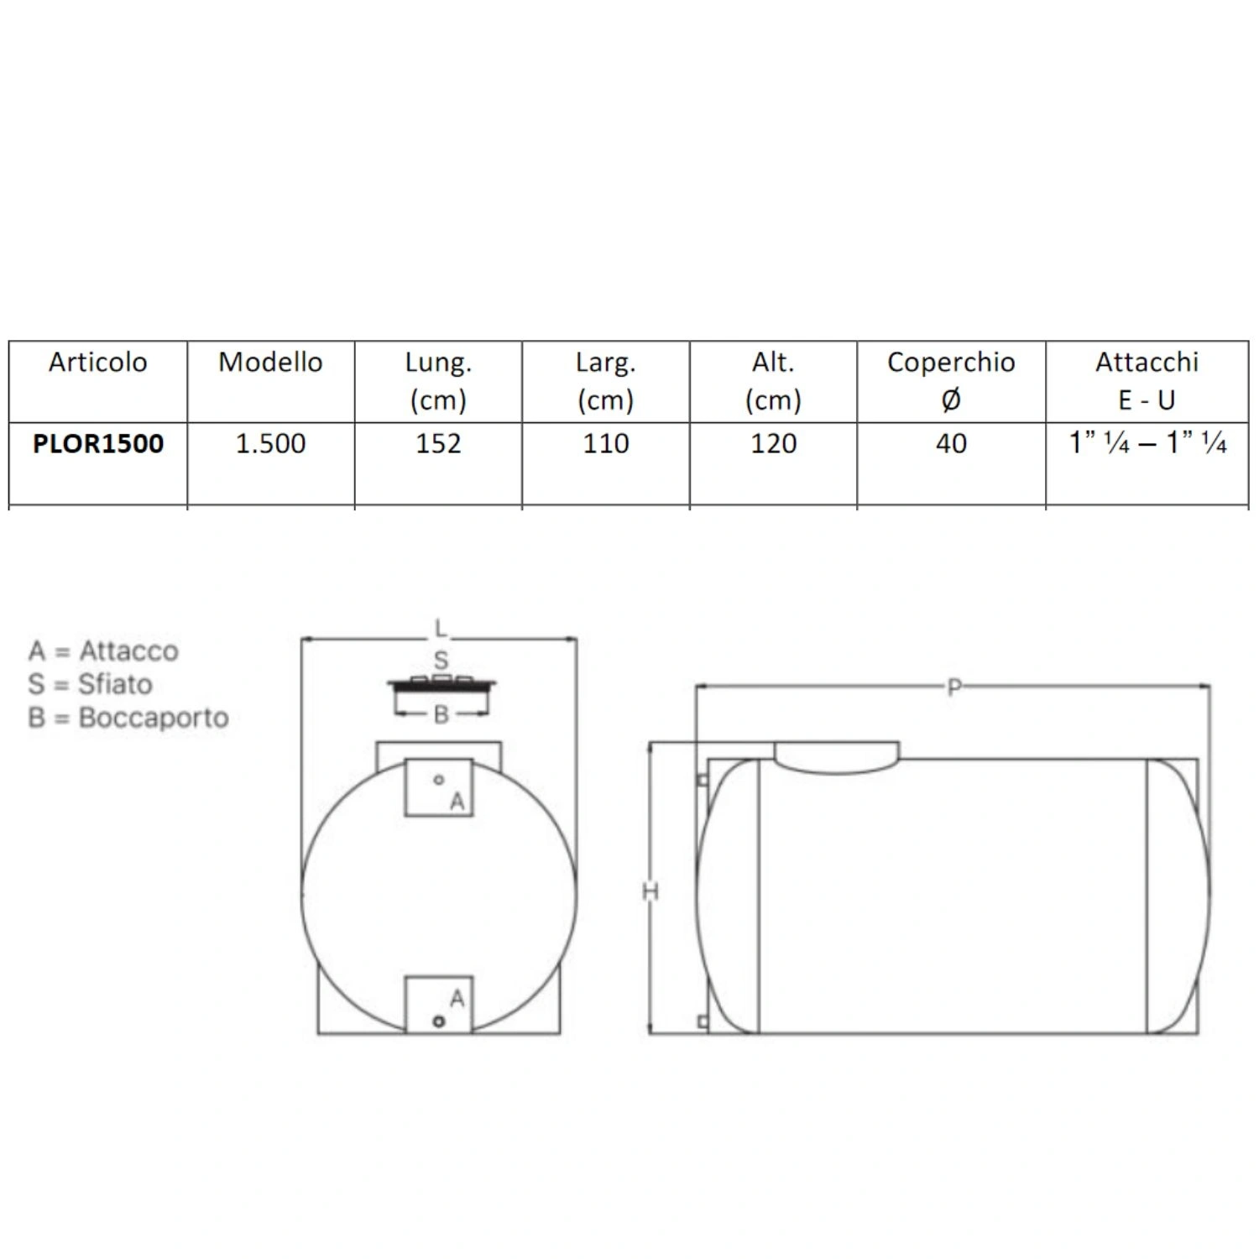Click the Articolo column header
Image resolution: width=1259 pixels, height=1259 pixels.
97,362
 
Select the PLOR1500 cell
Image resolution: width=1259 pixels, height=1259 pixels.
98,443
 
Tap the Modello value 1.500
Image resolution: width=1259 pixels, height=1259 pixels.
270,443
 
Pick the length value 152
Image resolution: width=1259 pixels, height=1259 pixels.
438,443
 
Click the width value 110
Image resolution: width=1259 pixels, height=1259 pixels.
606,443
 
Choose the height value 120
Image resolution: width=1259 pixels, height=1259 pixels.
773,443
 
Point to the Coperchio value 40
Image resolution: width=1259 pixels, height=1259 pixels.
951,443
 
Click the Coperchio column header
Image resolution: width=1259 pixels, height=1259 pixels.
951,380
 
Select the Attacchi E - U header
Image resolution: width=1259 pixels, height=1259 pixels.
1147,380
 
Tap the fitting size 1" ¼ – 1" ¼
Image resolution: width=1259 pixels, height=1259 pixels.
1147,442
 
